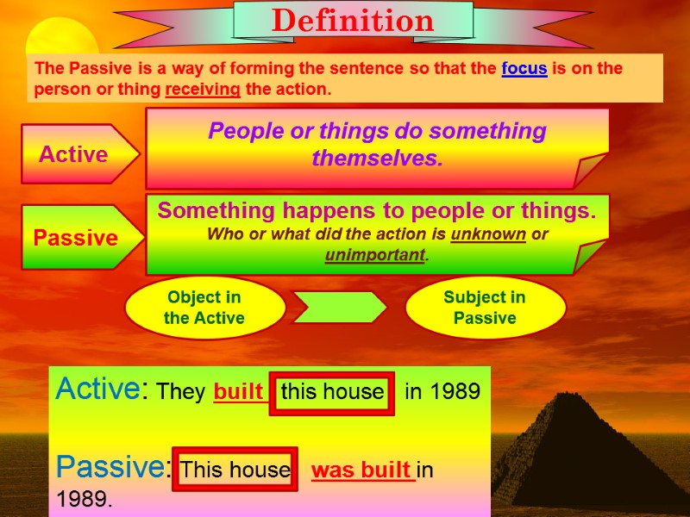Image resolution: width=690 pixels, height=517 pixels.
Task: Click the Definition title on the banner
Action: click(353, 21)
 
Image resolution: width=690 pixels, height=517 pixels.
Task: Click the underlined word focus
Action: click(524, 69)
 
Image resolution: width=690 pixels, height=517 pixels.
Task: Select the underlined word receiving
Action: click(204, 89)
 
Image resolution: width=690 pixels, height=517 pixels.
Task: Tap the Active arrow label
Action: click(74, 154)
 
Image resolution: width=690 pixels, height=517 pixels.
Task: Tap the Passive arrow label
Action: click(76, 238)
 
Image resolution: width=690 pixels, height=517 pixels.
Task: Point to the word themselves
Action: click(377, 159)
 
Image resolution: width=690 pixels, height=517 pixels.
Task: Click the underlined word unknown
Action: click(487, 234)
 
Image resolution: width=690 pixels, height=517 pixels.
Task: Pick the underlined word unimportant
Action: click(375, 255)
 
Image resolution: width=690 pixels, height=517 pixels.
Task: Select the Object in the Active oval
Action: click(204, 308)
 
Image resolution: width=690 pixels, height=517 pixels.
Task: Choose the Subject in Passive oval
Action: click(485, 308)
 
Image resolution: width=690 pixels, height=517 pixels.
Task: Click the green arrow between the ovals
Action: click(340, 308)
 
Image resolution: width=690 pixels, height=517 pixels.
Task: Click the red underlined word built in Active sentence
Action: click(239, 392)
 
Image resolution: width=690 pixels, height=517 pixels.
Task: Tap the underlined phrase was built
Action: click(362, 470)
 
